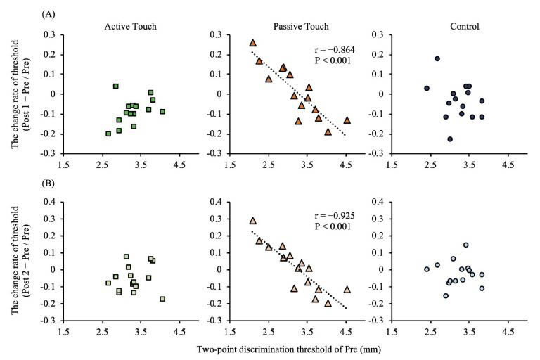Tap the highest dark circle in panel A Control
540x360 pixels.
click(x=437, y=59)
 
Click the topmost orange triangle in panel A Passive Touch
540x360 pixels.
click(x=253, y=43)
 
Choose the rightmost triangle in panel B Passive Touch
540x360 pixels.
click(x=347, y=289)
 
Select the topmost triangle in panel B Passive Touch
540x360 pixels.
click(x=253, y=221)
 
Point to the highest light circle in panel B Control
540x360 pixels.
click(x=465, y=245)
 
